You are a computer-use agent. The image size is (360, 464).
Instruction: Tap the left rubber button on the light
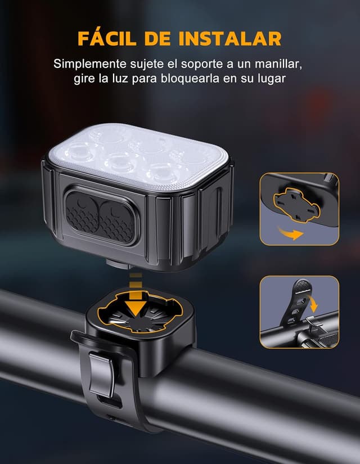[x=82, y=217]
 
